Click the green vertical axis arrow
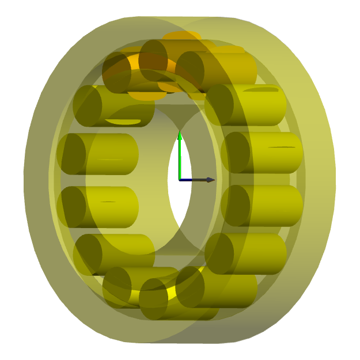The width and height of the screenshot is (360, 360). click(180, 158)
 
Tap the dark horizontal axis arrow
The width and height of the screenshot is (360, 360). click(196, 180)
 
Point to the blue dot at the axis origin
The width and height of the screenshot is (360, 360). click(180, 180)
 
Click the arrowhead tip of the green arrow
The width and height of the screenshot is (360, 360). click(180, 134)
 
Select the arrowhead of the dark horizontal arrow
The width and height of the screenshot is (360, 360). click(210, 180)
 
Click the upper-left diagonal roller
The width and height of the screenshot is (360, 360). click(115, 105)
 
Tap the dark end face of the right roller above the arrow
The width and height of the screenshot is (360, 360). click(235, 153)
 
